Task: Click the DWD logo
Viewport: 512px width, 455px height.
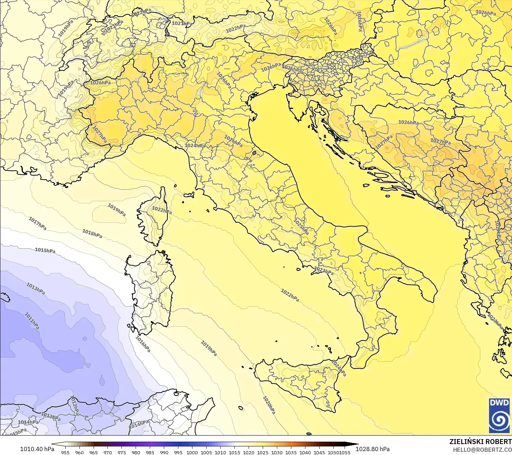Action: coord(499,415)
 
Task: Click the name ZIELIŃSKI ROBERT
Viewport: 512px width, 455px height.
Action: coord(480,442)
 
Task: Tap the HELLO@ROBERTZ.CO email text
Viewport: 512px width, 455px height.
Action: coord(482,449)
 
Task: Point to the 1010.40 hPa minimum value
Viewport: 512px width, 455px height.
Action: coord(37,449)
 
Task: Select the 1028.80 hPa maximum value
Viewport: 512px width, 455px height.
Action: coord(373,449)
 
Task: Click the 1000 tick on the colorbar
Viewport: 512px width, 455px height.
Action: coord(192,452)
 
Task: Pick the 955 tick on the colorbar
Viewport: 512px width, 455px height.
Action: coord(65,452)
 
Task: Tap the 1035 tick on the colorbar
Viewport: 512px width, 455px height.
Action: coord(291,452)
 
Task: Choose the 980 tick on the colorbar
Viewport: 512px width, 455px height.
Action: coord(136,452)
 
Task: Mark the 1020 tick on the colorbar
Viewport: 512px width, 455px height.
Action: coord(249,452)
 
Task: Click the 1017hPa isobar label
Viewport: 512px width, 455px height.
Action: coord(37,223)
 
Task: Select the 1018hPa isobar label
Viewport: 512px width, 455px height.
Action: coord(92,233)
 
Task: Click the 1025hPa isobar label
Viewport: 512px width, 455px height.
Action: coord(301,226)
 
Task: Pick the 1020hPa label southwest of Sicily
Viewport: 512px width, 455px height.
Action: coord(269,405)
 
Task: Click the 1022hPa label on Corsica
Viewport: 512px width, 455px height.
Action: coord(162,210)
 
